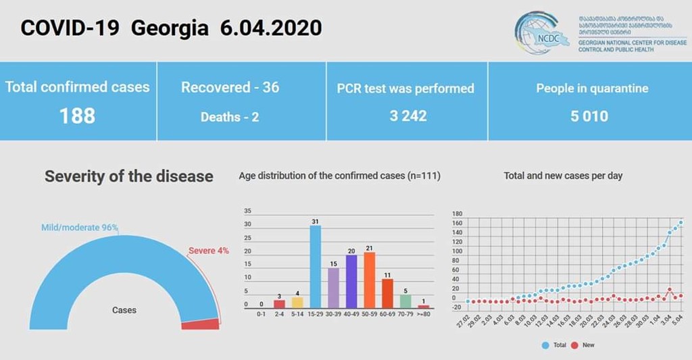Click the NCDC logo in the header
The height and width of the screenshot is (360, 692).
coord(539,32)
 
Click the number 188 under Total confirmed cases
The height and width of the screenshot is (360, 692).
coord(77,116)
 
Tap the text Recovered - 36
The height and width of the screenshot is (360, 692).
coord(230,88)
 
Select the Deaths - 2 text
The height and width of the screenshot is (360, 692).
coord(230,117)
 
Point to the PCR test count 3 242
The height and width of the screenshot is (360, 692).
coord(408,116)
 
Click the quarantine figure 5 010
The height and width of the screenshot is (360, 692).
coord(589,116)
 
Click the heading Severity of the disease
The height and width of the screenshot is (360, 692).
coord(128,177)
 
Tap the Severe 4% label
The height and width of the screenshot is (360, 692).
coord(208,251)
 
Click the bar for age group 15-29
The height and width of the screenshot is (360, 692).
coord(315,267)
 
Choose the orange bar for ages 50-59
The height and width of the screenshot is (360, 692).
coord(369,280)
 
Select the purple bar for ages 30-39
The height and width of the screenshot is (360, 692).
coord(333,288)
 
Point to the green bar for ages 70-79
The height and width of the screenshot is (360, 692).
coord(405,301)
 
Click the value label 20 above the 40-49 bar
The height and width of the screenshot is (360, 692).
coord(351,250)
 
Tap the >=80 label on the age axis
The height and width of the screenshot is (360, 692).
coord(424,313)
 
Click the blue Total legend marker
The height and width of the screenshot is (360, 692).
coord(545,344)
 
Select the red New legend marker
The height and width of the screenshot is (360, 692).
coord(574,344)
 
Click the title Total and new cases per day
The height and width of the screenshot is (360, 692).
coord(563,176)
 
